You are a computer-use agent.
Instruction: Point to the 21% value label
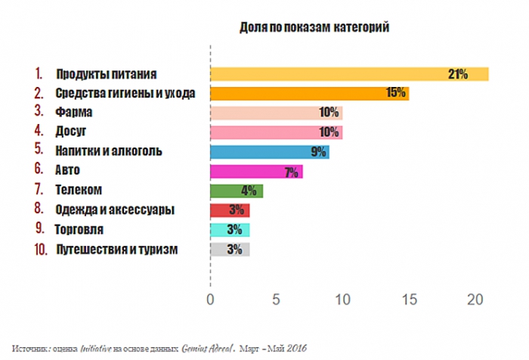click(x=458, y=74)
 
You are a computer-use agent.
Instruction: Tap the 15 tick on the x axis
click(x=409, y=299)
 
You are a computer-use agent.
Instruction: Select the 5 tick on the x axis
click(x=276, y=299)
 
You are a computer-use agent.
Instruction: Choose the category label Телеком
click(x=79, y=191)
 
